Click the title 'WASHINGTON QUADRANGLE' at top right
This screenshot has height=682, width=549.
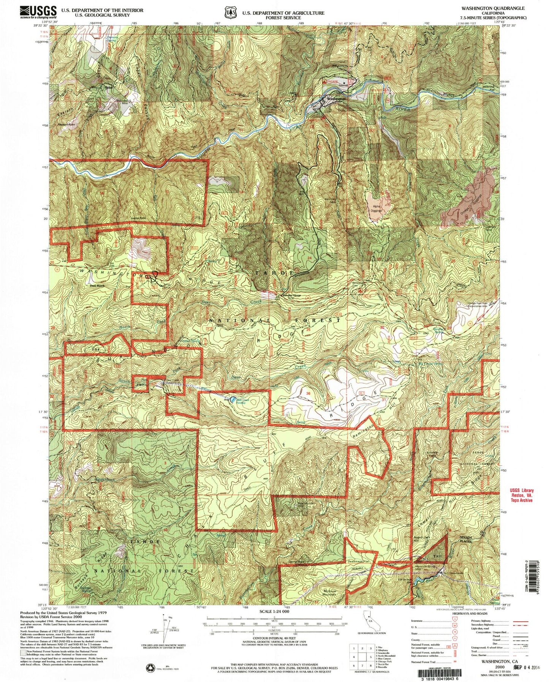(x=493, y=8)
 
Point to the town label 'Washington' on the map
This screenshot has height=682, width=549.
(x=336, y=98)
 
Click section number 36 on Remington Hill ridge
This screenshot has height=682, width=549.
(x=309, y=394)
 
